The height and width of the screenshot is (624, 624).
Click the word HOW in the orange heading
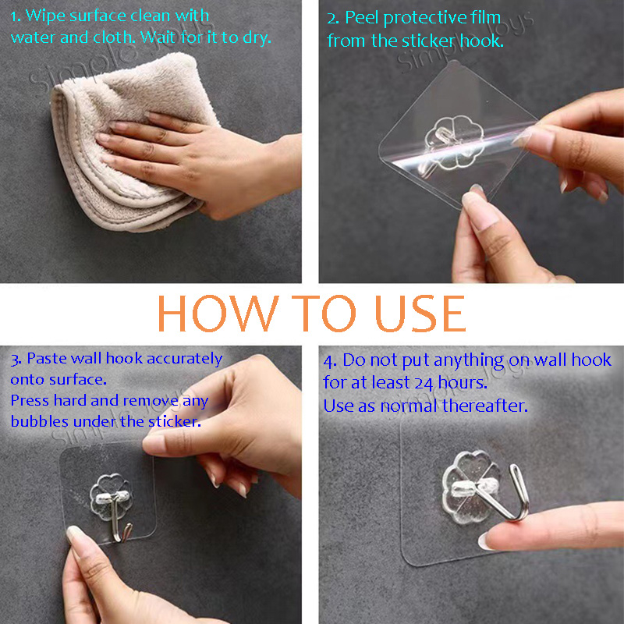pyautogui.click(x=218, y=314)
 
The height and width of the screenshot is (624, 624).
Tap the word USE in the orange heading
pyautogui.click(x=420, y=314)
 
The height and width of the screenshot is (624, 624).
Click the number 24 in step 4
pyautogui.click(x=424, y=383)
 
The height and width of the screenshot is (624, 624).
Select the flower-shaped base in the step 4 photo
pyautogui.click(x=470, y=488)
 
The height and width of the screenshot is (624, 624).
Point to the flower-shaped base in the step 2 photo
pyautogui.click(x=454, y=142)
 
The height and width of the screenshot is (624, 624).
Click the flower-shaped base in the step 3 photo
pyautogui.click(x=110, y=496)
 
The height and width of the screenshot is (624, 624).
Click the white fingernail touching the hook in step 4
pyautogui.click(x=484, y=541)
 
